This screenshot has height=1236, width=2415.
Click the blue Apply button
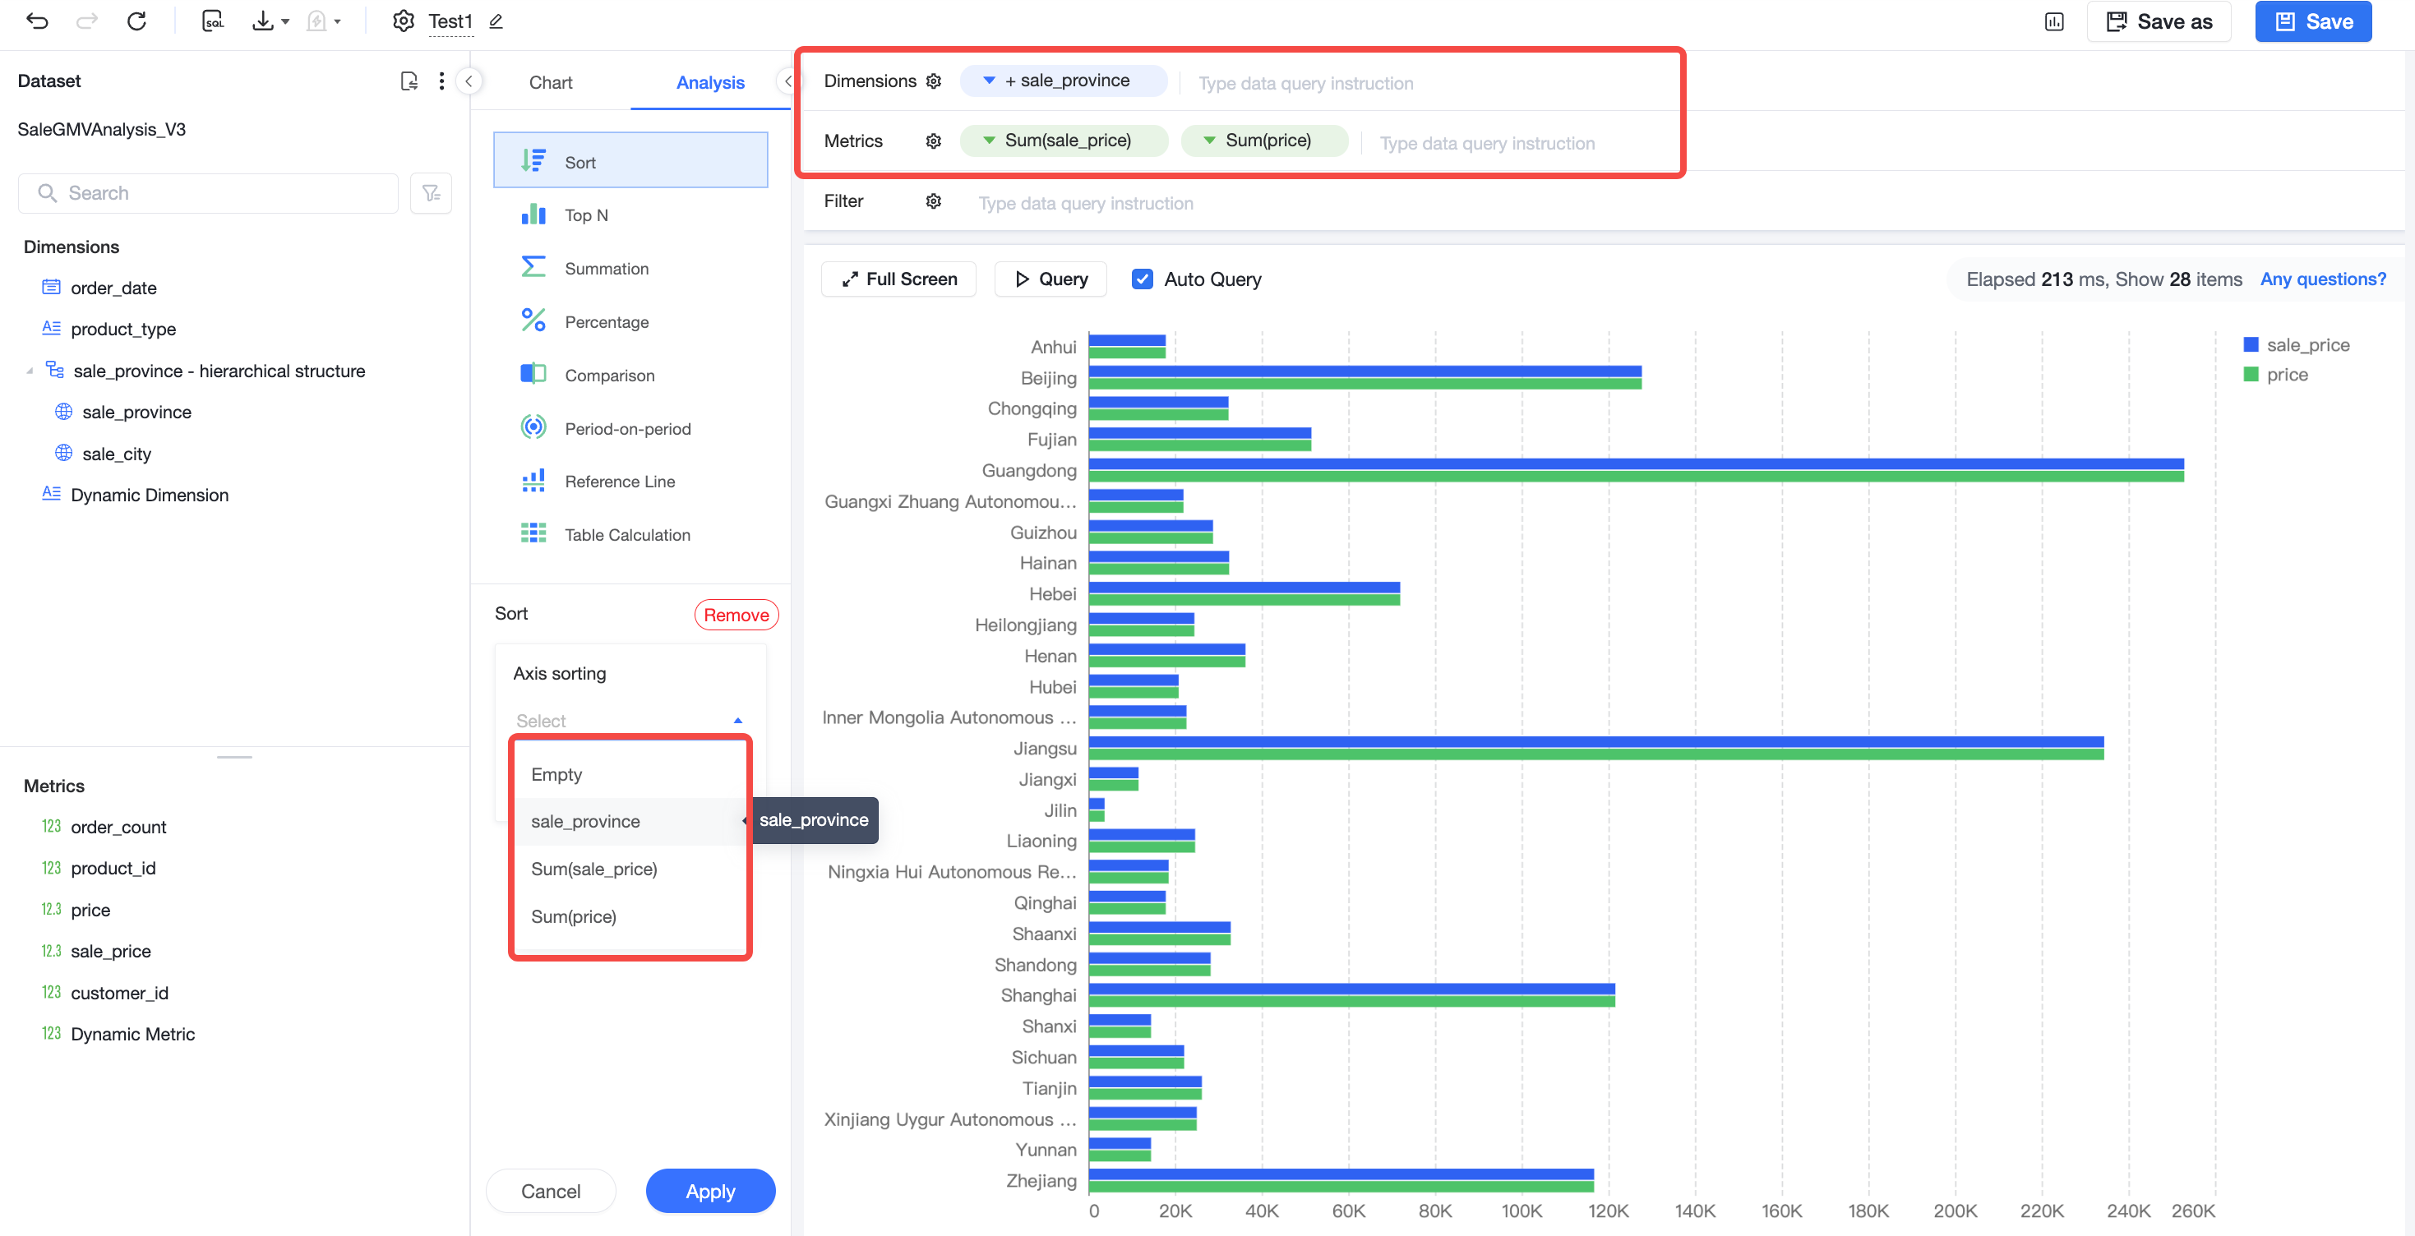pos(709,1190)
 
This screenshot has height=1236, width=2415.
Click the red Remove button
pos(736,615)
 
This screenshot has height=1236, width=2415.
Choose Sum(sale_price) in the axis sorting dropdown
pos(594,869)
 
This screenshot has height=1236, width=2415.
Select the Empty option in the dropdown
pos(556,774)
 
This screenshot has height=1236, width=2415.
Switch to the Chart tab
pos(550,82)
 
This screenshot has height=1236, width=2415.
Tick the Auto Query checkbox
pos(1142,279)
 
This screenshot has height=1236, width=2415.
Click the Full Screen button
pos(898,279)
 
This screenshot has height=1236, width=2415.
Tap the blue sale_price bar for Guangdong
pos(1636,463)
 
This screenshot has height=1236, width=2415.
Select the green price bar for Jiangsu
pos(1595,754)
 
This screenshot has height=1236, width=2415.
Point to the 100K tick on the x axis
pos(1521,1210)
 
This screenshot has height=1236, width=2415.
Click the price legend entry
pos(2276,374)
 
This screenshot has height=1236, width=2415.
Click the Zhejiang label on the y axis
pos(1041,1180)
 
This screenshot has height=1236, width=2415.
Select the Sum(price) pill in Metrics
pos(1265,141)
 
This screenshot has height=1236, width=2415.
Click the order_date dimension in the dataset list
pos(113,288)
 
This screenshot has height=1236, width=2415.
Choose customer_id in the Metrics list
pos(119,993)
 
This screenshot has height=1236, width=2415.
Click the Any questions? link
pos(2322,279)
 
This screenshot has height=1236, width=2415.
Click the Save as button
pos(2158,21)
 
